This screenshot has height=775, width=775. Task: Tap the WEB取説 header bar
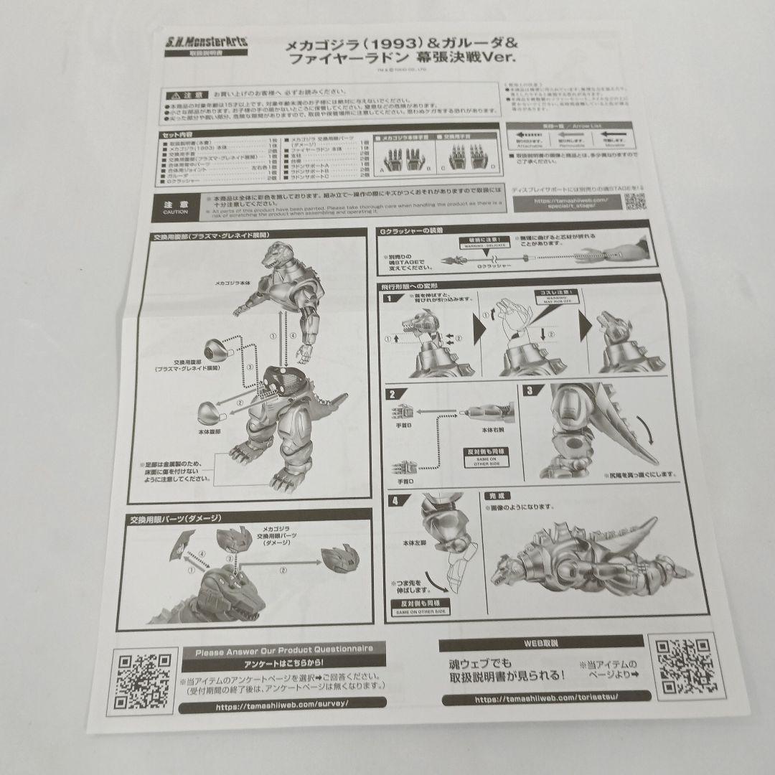pos(541,643)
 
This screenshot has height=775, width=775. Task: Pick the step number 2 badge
pos(392,393)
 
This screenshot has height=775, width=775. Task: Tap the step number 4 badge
pos(393,501)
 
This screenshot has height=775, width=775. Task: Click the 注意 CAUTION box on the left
pos(175,207)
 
